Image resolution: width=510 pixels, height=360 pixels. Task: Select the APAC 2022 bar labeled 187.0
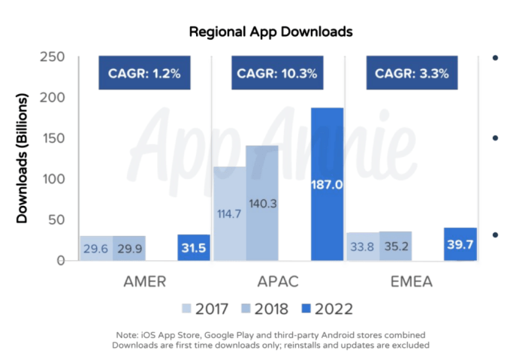327,184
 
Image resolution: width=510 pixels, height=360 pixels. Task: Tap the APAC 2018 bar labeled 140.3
262,203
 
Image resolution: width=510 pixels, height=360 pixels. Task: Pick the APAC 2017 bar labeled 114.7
229,213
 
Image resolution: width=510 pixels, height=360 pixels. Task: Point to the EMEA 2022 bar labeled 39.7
460,245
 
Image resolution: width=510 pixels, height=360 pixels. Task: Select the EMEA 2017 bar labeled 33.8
363,247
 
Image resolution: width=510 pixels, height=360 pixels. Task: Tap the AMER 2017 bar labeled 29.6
96,249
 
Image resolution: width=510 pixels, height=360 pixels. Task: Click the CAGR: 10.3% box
277,74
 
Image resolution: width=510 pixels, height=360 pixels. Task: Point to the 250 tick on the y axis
51,57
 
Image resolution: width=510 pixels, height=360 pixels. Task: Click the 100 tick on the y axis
51,179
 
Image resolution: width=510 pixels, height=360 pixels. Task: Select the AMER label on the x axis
145,282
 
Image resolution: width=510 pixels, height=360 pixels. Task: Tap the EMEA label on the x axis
411,282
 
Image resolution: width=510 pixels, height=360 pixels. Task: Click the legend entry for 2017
207,308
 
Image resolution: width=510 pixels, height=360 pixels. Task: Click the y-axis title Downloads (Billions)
23,159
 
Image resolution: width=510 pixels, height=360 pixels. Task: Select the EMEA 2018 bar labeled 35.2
395,247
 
